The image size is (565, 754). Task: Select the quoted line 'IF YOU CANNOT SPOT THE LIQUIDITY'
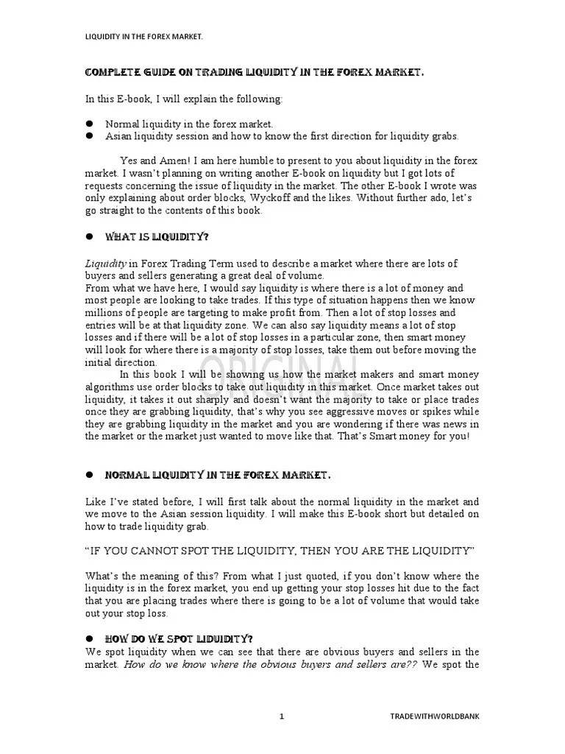coord(280,550)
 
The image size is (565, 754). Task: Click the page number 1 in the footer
coord(282,716)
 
